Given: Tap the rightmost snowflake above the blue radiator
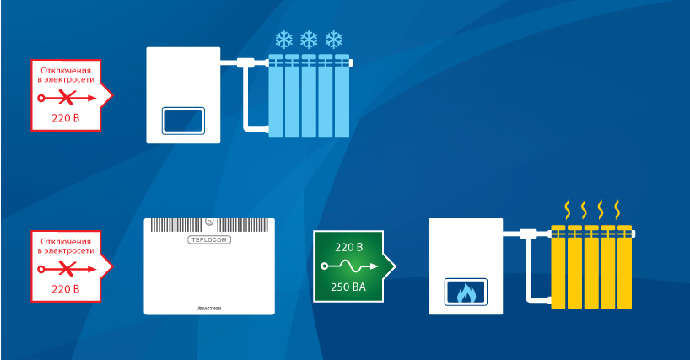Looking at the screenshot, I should click(x=335, y=39).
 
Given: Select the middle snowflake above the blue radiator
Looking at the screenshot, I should click(x=309, y=39).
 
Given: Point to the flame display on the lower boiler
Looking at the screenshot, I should click(x=466, y=293).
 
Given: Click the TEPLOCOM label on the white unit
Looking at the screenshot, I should click(x=209, y=240).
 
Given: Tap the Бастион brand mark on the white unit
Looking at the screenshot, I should click(x=210, y=309).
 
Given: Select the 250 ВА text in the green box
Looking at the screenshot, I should click(x=348, y=287).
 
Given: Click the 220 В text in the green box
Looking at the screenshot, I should click(x=348, y=248).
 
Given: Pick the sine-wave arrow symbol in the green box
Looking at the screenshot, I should click(x=348, y=267).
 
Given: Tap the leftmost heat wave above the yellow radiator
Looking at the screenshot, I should click(x=568, y=207).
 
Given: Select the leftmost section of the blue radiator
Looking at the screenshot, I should click(x=276, y=97).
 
